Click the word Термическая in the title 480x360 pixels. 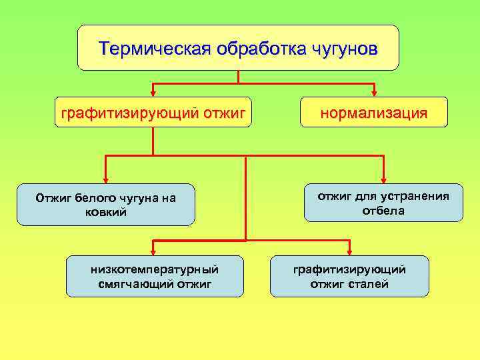click(153, 49)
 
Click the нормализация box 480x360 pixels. click(373, 112)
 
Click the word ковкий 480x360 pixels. click(105, 212)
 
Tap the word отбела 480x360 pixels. click(383, 211)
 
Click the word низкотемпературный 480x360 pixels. click(155, 269)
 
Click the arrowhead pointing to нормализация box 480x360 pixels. click(374, 92)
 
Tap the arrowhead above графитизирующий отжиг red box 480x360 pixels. click(153, 92)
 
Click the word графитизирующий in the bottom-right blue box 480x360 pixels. click(349, 269)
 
